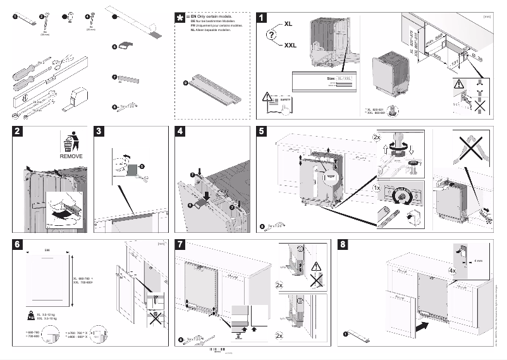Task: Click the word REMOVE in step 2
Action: click(x=71, y=156)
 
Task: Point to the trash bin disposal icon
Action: click(x=71, y=140)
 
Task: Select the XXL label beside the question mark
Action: click(x=290, y=46)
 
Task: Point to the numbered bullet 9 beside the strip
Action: click(x=185, y=82)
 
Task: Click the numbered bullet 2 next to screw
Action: click(x=42, y=17)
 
